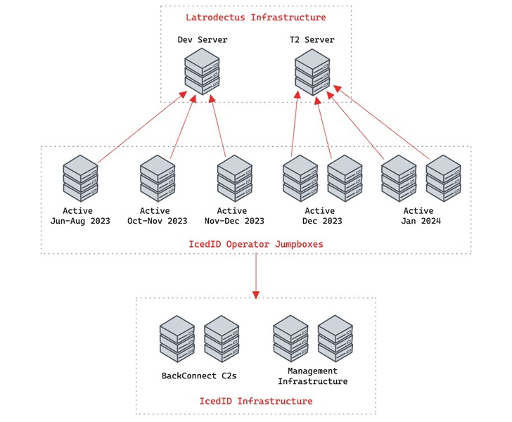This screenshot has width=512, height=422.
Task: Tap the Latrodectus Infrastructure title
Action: [255, 17]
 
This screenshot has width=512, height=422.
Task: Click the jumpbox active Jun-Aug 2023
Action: [80, 177]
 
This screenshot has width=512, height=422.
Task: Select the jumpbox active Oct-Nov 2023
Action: [158, 177]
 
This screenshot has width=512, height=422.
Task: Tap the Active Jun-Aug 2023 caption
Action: [80, 216]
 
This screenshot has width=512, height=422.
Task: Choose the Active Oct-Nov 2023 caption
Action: [158, 216]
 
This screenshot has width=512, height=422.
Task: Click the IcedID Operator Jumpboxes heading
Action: [255, 244]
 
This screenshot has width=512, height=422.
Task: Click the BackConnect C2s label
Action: [199, 376]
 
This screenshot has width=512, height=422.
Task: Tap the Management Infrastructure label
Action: [312, 376]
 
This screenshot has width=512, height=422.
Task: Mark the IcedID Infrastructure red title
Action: [255, 401]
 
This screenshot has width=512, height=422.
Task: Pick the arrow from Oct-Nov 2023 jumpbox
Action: [181, 127]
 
